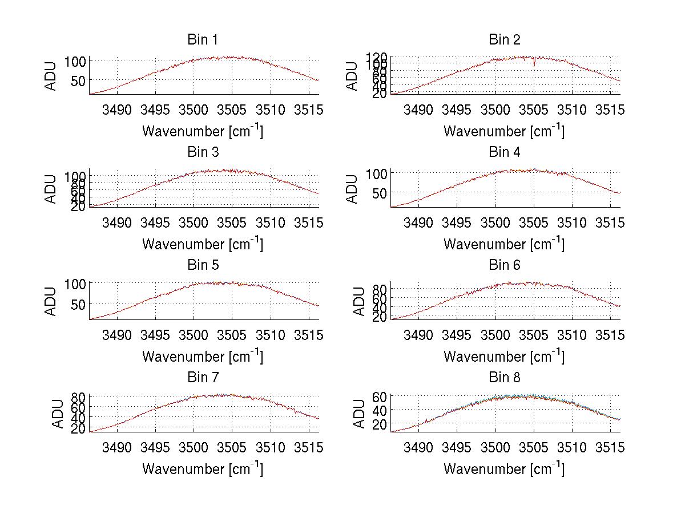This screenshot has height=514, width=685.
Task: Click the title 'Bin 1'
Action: pos(202,39)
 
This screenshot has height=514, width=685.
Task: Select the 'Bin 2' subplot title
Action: pos(504,39)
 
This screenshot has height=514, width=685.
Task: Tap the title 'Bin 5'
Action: pos(202,265)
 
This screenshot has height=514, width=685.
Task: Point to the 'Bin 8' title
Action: pos(504,377)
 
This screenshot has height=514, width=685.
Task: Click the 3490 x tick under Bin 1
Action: pos(117,110)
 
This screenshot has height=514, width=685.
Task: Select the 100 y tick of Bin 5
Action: pos(75,283)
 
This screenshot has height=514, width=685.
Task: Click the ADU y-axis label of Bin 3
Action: pos(51,189)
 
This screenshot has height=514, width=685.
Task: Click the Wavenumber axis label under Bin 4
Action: pos(504,243)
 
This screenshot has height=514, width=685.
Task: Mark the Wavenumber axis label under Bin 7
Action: pos(202,468)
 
